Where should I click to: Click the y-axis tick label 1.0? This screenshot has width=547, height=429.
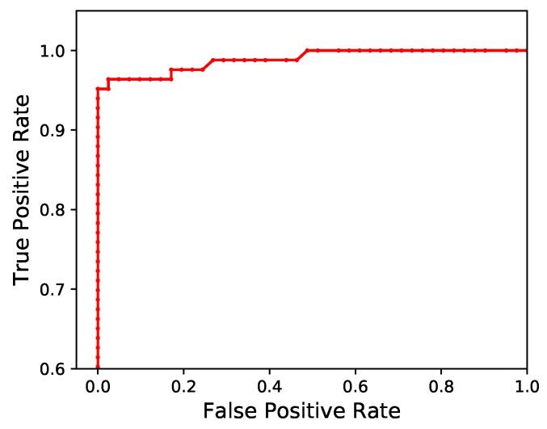point(55,51)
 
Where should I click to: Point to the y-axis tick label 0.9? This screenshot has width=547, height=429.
point(55,130)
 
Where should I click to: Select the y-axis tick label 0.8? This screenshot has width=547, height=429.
point(55,210)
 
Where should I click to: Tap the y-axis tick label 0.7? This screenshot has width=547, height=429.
point(55,289)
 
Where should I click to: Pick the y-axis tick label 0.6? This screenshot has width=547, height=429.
point(55,369)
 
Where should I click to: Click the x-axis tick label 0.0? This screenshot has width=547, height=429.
point(98,385)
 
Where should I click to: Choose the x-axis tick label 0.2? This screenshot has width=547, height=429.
point(183,385)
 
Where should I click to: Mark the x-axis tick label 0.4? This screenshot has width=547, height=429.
point(269,385)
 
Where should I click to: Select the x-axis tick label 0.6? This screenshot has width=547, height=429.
point(356,385)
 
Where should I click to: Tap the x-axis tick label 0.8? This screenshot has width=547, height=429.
point(441,385)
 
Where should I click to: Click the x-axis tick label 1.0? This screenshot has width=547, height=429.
point(527,385)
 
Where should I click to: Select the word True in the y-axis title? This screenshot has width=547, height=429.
point(23,260)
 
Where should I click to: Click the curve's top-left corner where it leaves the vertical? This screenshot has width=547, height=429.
point(98,89)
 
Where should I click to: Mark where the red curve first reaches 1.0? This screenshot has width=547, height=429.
point(308,51)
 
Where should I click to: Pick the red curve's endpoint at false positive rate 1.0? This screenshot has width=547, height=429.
point(527,51)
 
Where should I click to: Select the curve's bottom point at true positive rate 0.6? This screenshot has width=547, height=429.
point(98,368)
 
